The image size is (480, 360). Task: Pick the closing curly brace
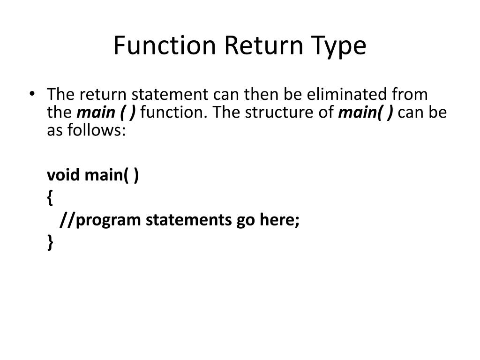pyautogui.click(x=50, y=241)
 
